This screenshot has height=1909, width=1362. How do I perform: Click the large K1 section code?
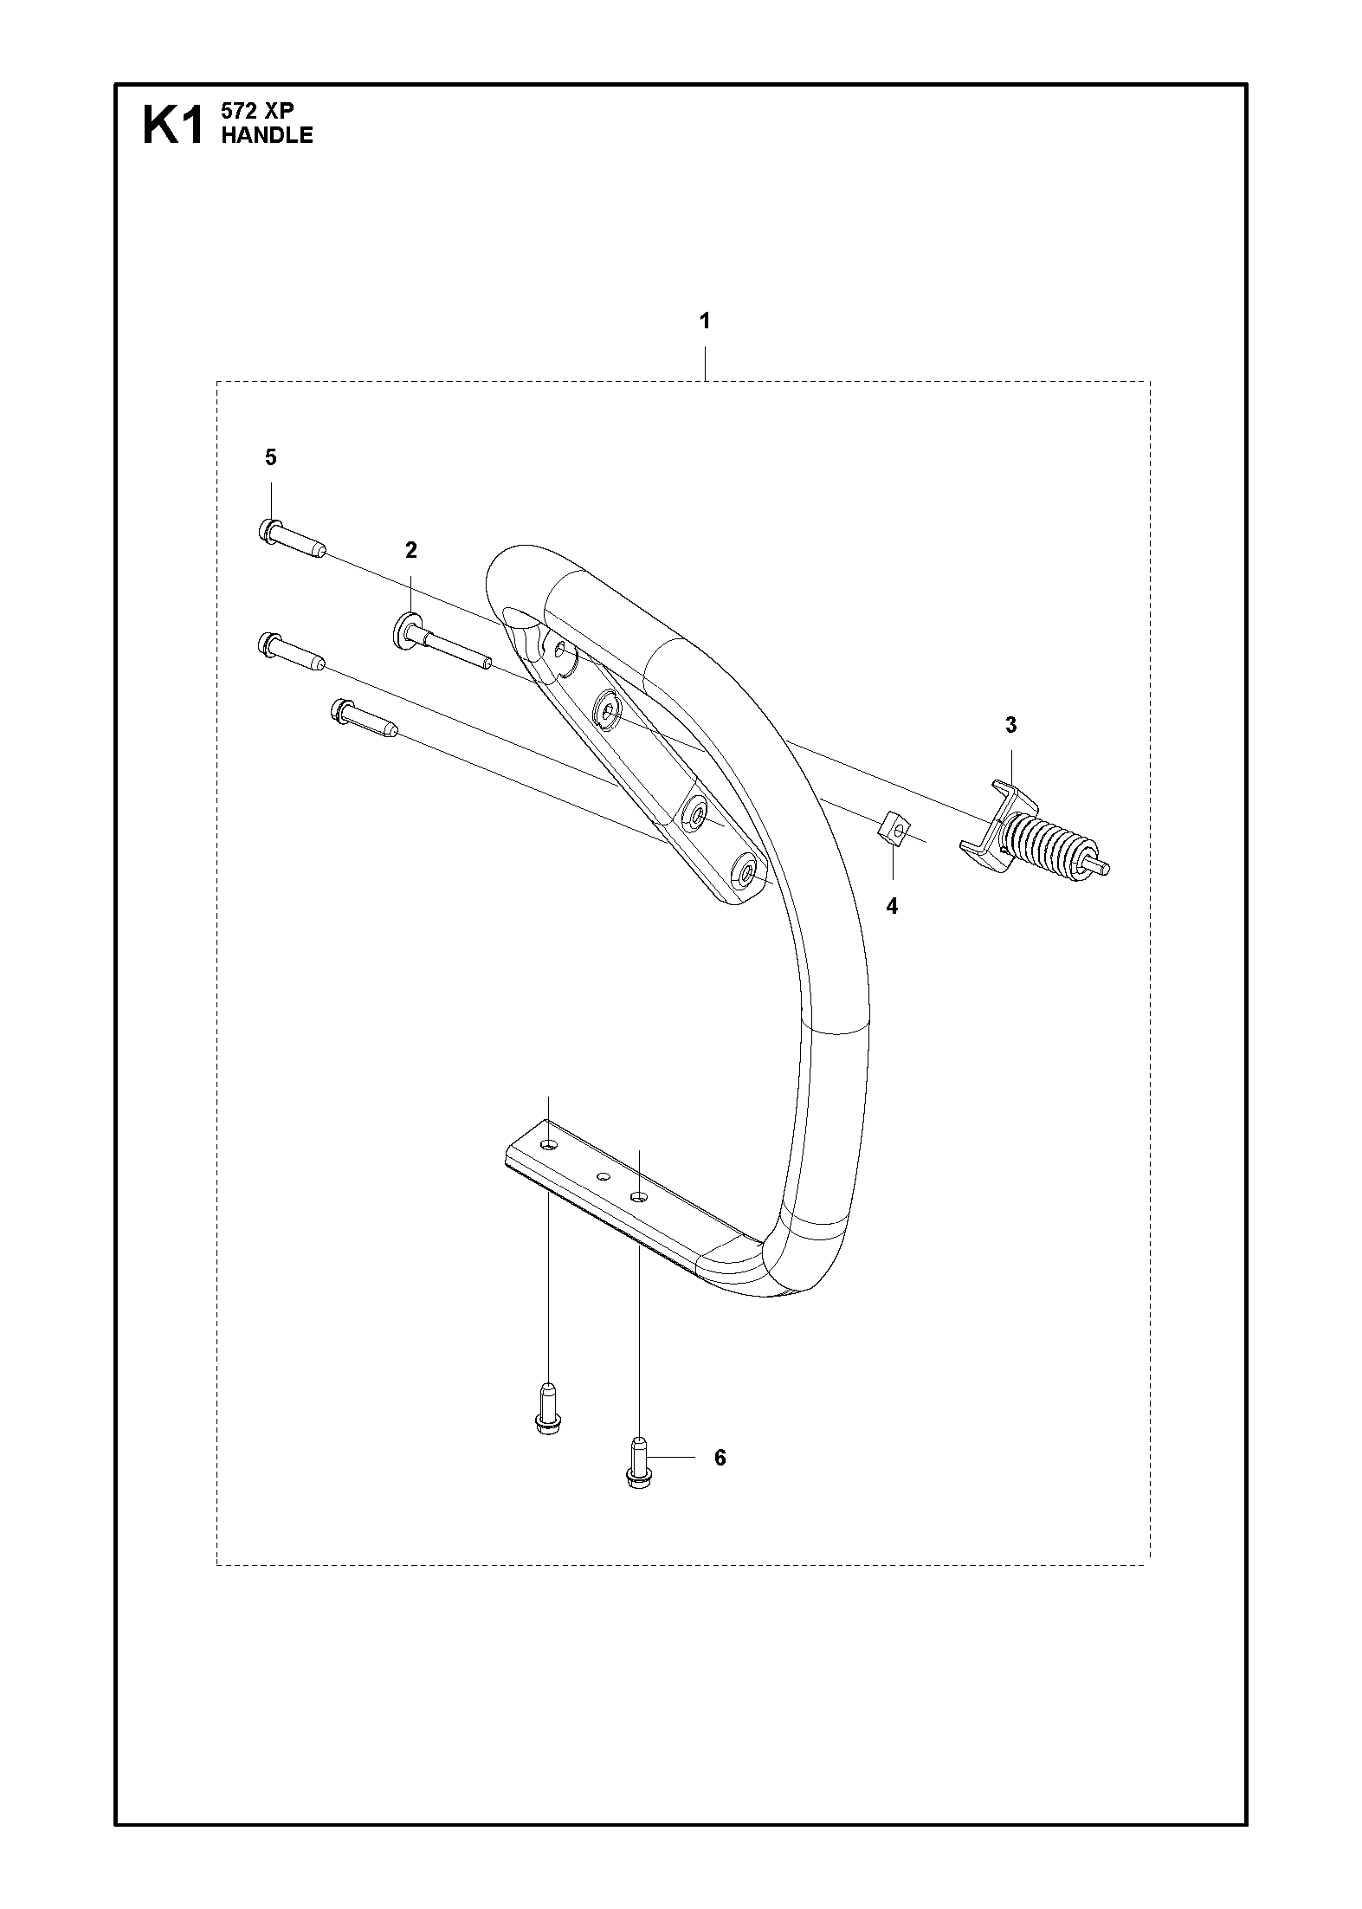(x=173, y=125)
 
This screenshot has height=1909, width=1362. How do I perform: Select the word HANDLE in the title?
(x=268, y=134)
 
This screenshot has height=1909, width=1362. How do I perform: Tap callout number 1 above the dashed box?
(x=705, y=321)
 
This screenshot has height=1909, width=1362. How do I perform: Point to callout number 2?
(x=411, y=550)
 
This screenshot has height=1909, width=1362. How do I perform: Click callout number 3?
(x=1010, y=726)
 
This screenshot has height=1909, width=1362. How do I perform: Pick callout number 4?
(x=892, y=907)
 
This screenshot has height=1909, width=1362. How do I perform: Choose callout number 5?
(x=271, y=457)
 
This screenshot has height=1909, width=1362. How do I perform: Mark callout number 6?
(x=720, y=1459)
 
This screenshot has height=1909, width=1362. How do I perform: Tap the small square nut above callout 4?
(x=893, y=828)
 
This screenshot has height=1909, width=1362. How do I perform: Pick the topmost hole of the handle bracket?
(x=563, y=650)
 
